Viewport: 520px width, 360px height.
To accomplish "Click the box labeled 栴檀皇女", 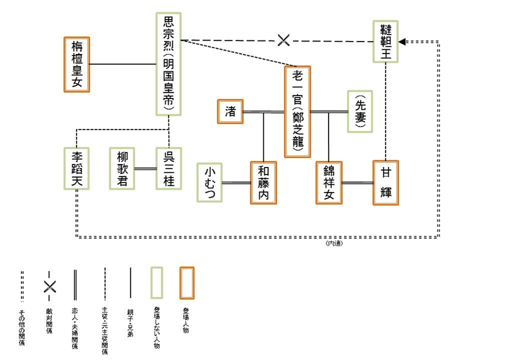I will (77, 64).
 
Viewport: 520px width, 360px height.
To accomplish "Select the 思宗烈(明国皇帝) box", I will (169, 64).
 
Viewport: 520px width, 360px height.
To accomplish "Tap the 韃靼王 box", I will (386, 41).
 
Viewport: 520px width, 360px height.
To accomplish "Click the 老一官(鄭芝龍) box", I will (297, 111).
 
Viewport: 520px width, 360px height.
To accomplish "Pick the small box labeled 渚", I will (230, 111).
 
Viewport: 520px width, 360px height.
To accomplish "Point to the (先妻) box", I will (360, 111).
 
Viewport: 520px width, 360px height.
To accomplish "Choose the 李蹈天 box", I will (77, 169).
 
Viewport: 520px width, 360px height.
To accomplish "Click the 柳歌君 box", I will (122, 169).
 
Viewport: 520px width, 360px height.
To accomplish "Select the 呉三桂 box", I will (168, 169).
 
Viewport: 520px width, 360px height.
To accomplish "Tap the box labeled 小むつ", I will (210, 182).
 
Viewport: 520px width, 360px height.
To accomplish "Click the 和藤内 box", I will (263, 182).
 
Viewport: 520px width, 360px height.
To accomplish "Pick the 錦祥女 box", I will (329, 182).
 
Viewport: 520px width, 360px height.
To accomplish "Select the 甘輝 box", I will (386, 182).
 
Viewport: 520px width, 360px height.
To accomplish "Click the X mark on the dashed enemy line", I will (284, 40).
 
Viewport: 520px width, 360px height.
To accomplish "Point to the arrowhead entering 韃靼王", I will (402, 42).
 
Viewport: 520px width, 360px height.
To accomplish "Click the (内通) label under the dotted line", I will (334, 243).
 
